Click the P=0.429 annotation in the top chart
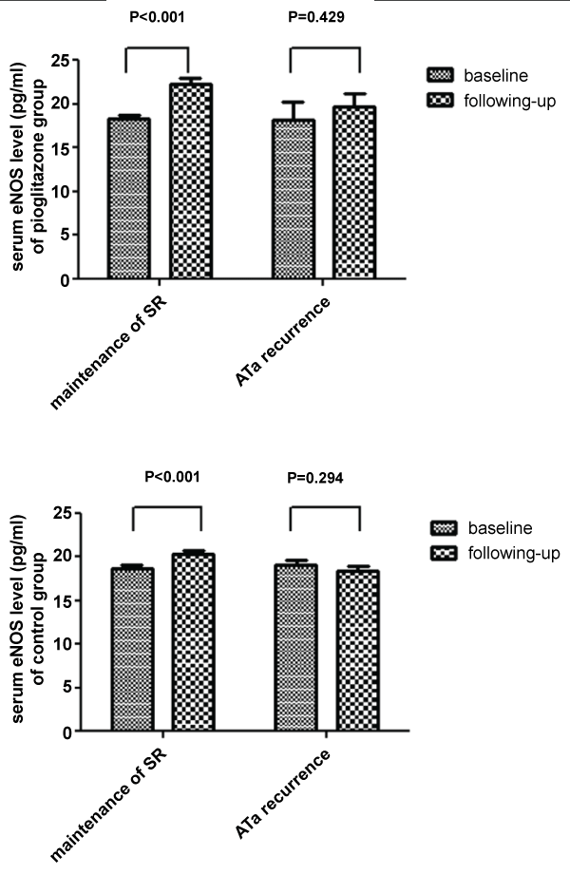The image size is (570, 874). click(x=323, y=16)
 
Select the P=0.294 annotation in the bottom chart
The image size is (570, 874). click(x=323, y=478)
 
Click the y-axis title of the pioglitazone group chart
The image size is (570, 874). click(x=28, y=171)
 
